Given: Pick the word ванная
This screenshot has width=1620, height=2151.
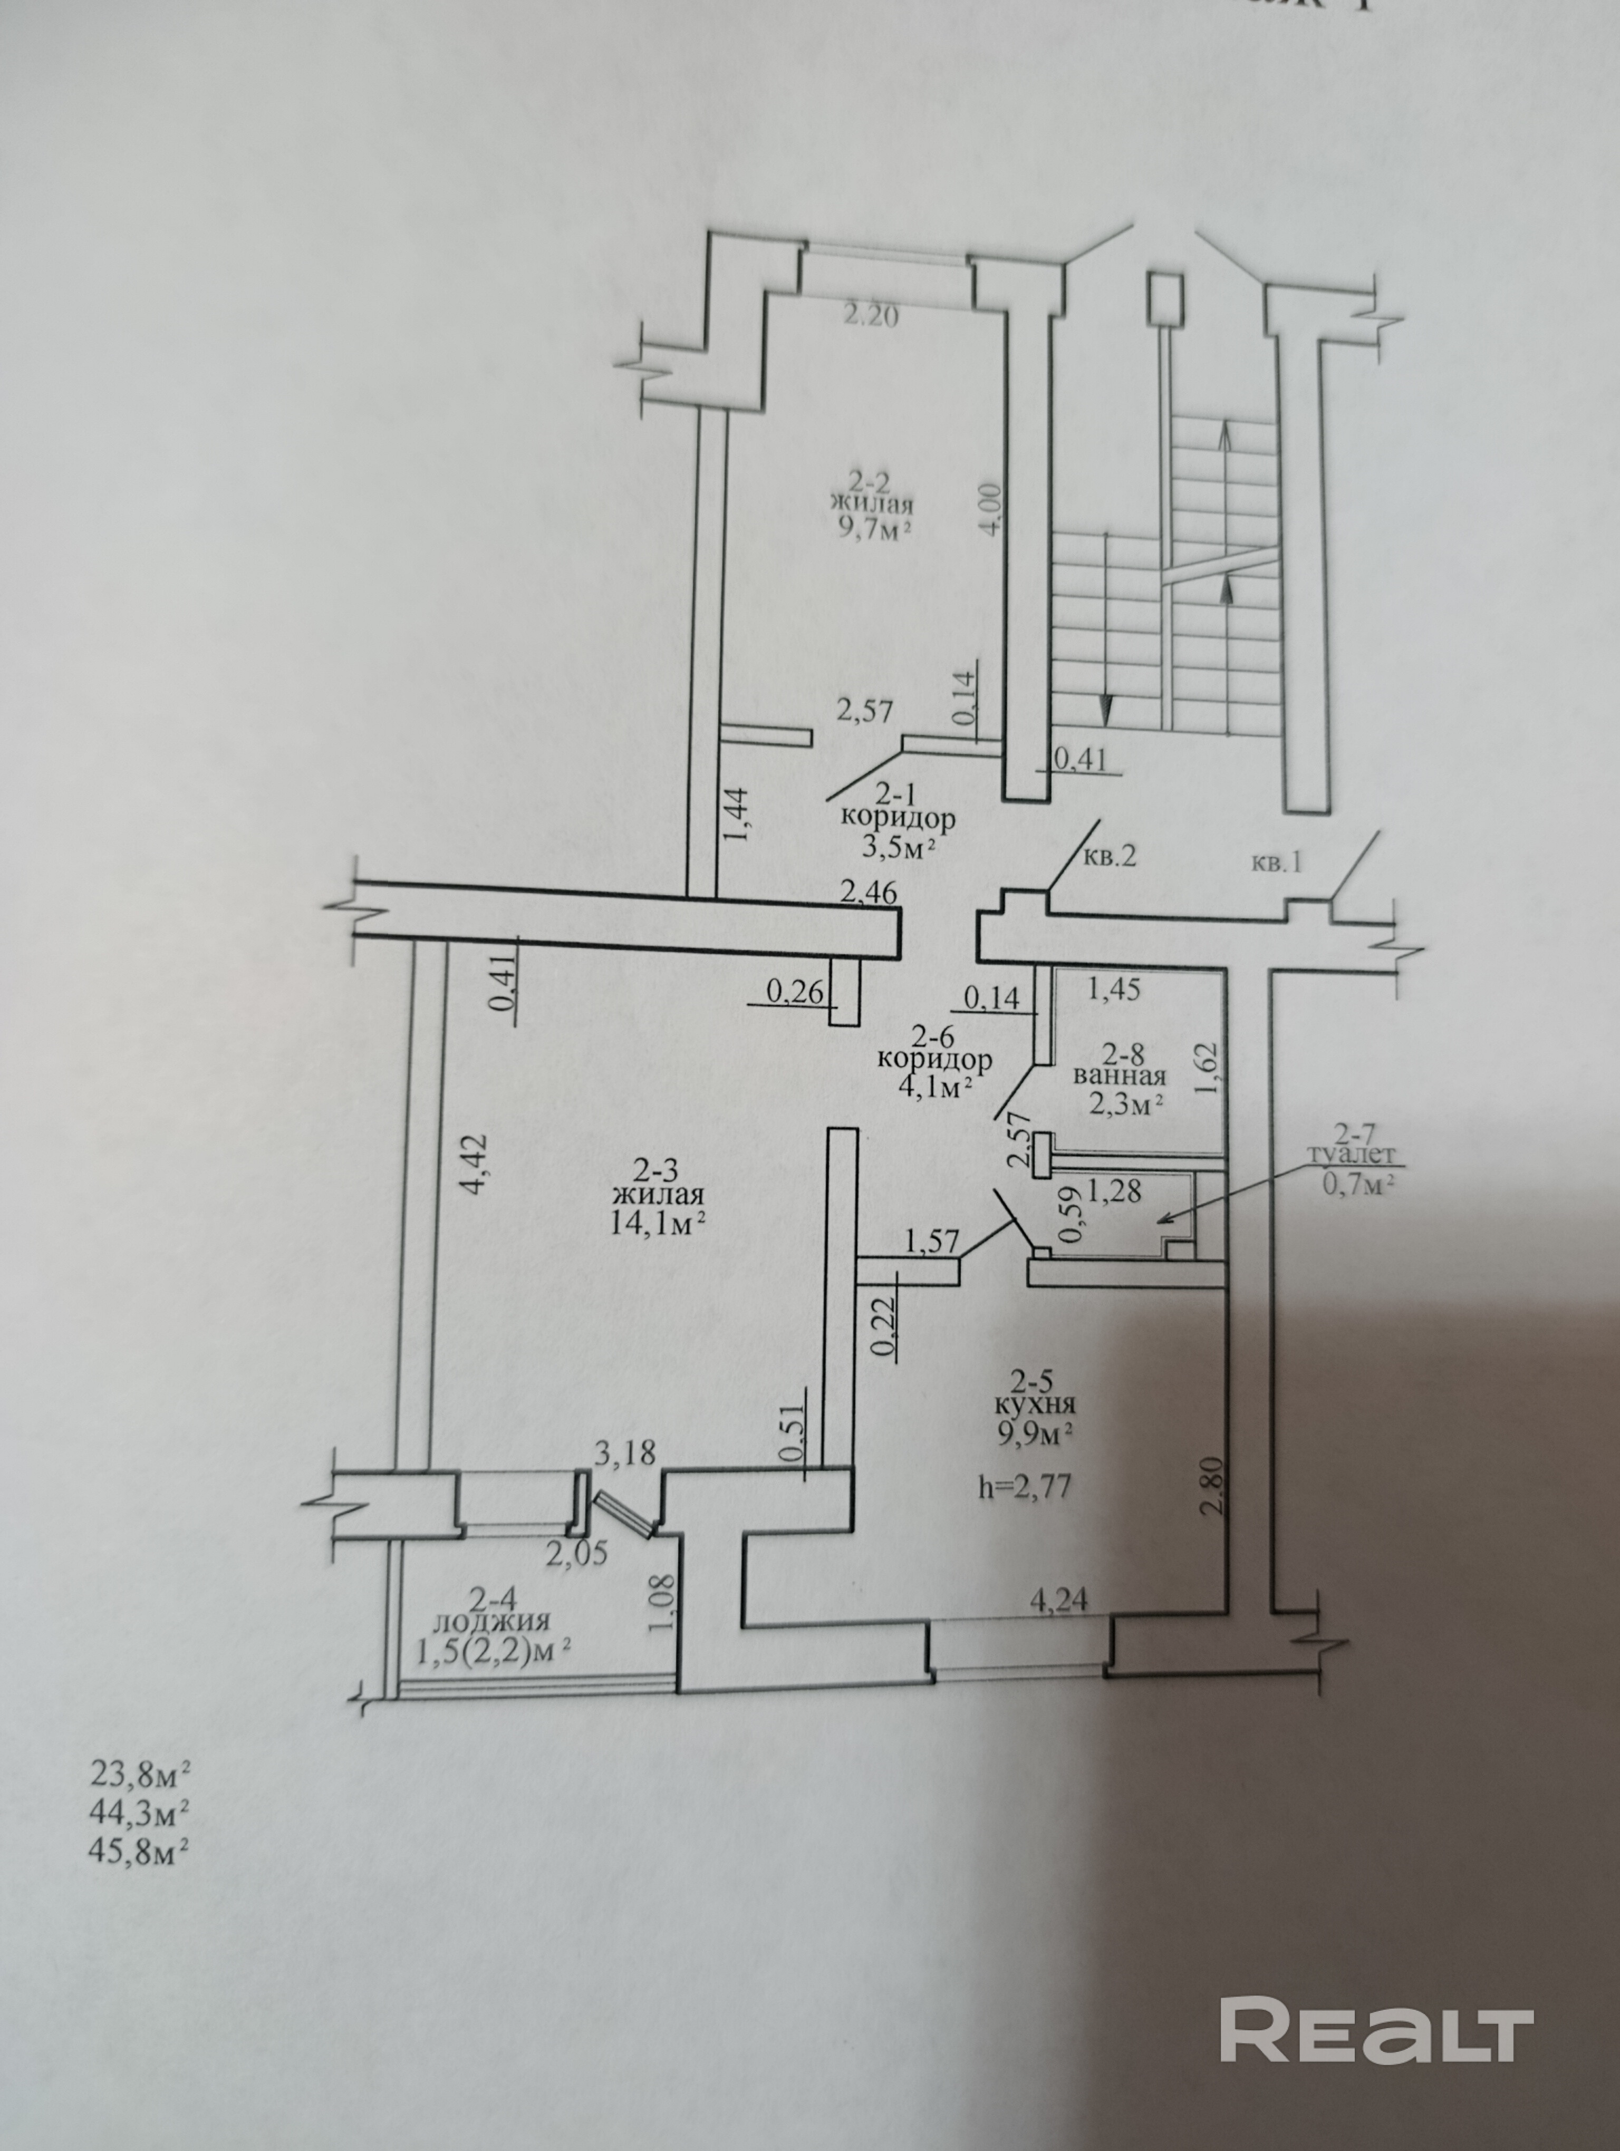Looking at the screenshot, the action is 1119,1077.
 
